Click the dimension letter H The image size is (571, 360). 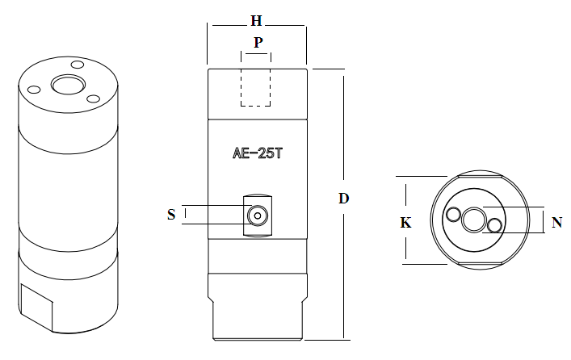pyautogui.click(x=256, y=19)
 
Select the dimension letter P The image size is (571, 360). pyautogui.click(x=257, y=42)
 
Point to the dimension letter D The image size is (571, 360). pyautogui.click(x=343, y=199)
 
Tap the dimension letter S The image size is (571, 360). pyautogui.click(x=171, y=214)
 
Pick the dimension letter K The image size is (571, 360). pyautogui.click(x=406, y=223)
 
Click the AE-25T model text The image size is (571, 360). pyautogui.click(x=257, y=153)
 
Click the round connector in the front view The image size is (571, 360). pyautogui.click(x=258, y=215)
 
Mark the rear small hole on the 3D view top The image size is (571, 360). pyautogui.click(x=78, y=65)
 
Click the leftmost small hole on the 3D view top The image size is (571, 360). pyautogui.click(x=35, y=90)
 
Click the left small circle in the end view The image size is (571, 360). pyautogui.click(x=454, y=215)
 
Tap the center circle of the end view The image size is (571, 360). pyautogui.click(x=475, y=219)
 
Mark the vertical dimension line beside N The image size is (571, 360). pyautogui.click(x=544, y=220)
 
